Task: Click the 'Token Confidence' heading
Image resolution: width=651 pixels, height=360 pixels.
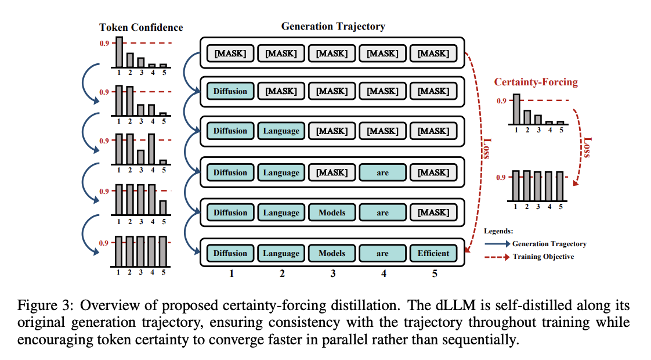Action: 141,27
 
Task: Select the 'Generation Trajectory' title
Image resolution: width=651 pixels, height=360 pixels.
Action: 332,26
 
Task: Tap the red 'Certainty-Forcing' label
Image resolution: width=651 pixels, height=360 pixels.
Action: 536,82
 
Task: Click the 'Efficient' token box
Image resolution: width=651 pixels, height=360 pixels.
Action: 433,253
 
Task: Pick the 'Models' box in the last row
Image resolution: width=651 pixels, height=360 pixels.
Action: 332,253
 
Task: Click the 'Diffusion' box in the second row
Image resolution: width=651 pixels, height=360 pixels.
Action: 230,91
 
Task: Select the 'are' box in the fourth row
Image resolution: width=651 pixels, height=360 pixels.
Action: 382,172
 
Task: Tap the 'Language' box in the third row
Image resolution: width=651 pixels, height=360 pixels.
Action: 281,131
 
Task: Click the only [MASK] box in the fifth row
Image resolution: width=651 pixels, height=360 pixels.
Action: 433,213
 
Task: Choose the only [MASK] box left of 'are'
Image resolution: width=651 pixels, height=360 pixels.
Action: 332,172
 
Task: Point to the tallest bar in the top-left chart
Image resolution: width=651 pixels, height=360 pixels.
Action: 119,52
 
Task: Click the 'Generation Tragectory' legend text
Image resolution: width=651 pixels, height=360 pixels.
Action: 549,244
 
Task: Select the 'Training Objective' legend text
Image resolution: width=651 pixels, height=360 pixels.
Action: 542,256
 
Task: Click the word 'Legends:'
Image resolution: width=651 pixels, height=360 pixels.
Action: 498,231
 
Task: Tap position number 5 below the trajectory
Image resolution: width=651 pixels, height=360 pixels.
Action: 434,273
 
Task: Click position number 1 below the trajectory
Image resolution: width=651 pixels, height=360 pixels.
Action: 231,273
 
